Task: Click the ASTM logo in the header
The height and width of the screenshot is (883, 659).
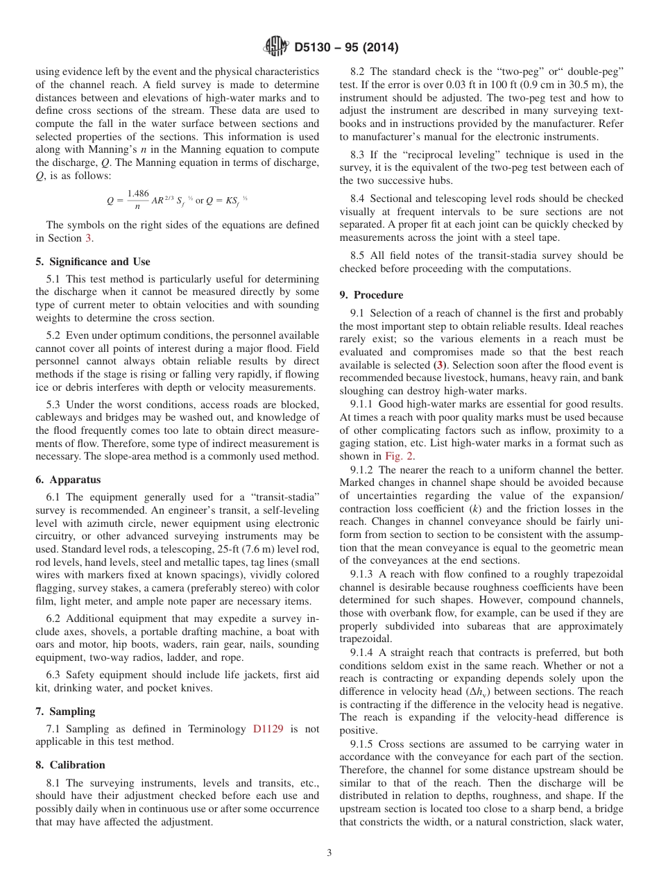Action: click(275, 47)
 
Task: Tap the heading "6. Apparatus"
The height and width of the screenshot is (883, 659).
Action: click(68, 480)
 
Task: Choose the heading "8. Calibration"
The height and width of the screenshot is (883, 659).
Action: click(70, 765)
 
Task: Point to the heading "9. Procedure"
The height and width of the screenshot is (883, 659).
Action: click(371, 295)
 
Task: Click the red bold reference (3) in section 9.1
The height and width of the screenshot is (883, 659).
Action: click(439, 365)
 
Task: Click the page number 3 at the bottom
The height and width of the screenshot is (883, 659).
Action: click(329, 853)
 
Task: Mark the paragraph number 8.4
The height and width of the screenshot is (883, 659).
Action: click(359, 199)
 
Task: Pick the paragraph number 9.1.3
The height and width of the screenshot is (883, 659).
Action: click(363, 574)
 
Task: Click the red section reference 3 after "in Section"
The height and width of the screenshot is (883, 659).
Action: click(87, 238)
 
